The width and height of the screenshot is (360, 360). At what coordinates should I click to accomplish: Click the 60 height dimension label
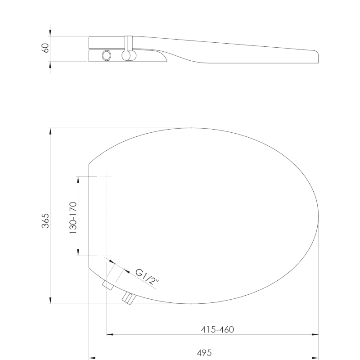click(46, 48)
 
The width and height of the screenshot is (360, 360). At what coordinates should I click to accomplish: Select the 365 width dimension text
click(45, 220)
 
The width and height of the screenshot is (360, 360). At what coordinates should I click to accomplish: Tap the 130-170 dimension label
click(73, 218)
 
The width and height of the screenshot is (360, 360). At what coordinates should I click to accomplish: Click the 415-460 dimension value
click(217, 329)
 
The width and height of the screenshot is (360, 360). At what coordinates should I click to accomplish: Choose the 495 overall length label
click(204, 353)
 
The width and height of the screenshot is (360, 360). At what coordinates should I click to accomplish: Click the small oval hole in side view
click(106, 55)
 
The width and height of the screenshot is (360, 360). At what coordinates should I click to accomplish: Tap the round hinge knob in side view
click(126, 56)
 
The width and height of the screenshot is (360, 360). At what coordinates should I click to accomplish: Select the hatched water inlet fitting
click(129, 298)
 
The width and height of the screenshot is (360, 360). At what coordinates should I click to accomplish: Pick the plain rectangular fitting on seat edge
click(108, 285)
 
